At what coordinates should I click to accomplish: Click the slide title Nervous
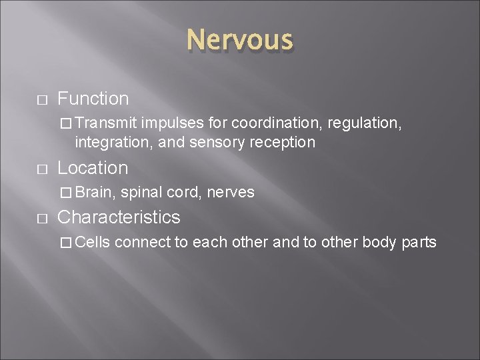(x=239, y=41)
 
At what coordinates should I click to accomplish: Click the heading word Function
(x=93, y=99)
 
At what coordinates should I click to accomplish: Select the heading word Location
(x=93, y=167)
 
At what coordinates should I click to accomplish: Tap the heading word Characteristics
(x=119, y=217)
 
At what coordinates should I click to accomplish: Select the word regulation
(x=361, y=123)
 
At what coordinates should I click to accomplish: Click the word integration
(x=109, y=142)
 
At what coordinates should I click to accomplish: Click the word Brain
(x=95, y=192)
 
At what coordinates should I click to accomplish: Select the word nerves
(x=231, y=192)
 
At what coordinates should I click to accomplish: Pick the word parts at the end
(x=419, y=241)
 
